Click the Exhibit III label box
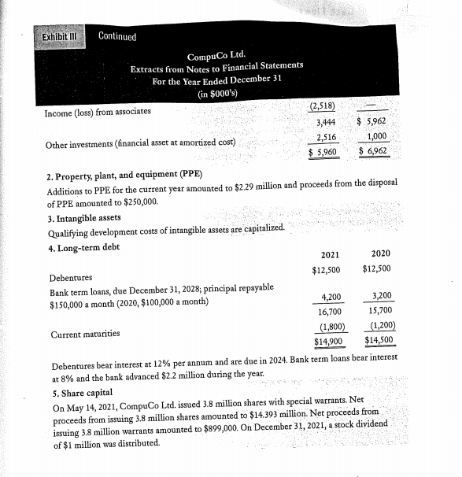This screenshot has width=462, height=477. pos(64,37)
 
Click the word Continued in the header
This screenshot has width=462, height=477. pos(117,37)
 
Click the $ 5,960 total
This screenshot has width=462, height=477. pos(323,151)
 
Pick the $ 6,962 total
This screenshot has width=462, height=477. pos(373,150)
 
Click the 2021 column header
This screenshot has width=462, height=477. pos(331,255)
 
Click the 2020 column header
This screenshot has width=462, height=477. pos(380,254)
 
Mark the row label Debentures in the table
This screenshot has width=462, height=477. pos(70,278)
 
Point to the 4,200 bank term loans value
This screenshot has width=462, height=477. pos(331,297)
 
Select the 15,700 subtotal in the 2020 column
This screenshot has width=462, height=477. pos(381,311)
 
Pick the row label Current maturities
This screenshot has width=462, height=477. pos(85,334)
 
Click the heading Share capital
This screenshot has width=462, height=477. pos(82,394)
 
